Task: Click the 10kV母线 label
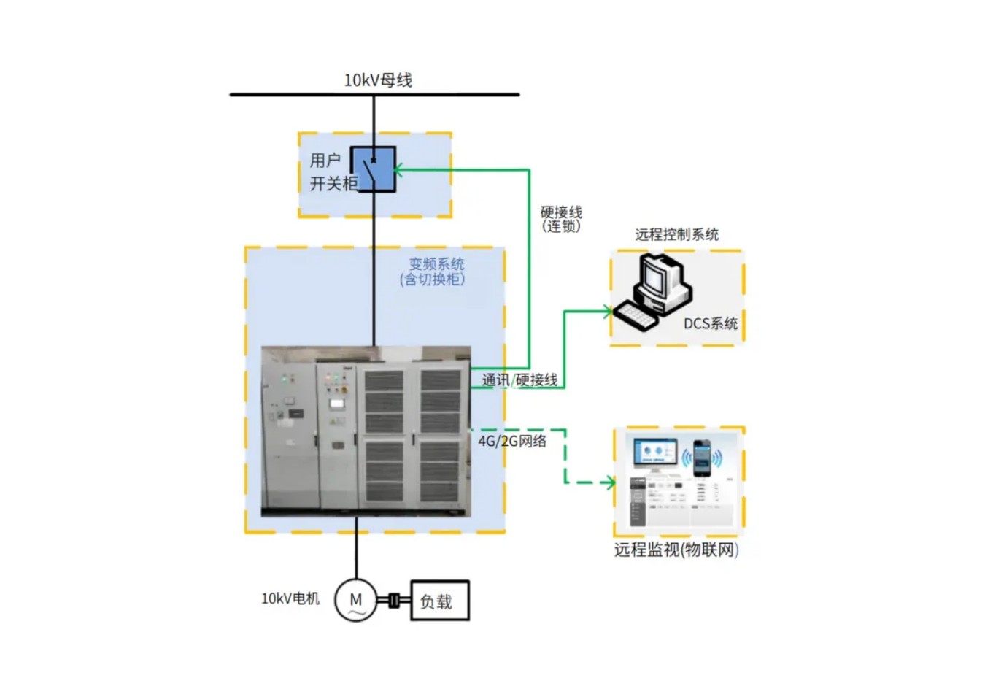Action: pyautogui.click(x=378, y=80)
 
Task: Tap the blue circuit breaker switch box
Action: pyautogui.click(x=374, y=170)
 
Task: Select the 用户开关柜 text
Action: pyautogui.click(x=333, y=172)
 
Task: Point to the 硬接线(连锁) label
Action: pyautogui.click(x=561, y=219)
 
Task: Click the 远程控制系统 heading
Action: pyautogui.click(x=677, y=234)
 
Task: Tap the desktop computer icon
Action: pyautogui.click(x=653, y=291)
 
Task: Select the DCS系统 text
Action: pyautogui.click(x=711, y=323)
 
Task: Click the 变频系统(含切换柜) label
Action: pyautogui.click(x=433, y=272)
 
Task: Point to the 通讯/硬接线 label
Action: pyautogui.click(x=519, y=380)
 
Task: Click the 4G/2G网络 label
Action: pyautogui.click(x=512, y=441)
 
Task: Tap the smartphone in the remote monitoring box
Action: pyautogui.click(x=702, y=458)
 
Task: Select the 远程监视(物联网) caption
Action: pyautogui.click(x=676, y=550)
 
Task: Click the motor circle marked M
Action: pyautogui.click(x=356, y=600)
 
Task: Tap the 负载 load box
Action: pyautogui.click(x=440, y=601)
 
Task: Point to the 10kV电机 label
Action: pyautogui.click(x=290, y=598)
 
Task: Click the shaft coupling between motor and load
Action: pyautogui.click(x=394, y=601)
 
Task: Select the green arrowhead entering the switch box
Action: pyautogui.click(x=398, y=170)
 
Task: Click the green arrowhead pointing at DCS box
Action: pyautogui.click(x=608, y=312)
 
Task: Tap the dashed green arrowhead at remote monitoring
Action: pyautogui.click(x=611, y=482)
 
